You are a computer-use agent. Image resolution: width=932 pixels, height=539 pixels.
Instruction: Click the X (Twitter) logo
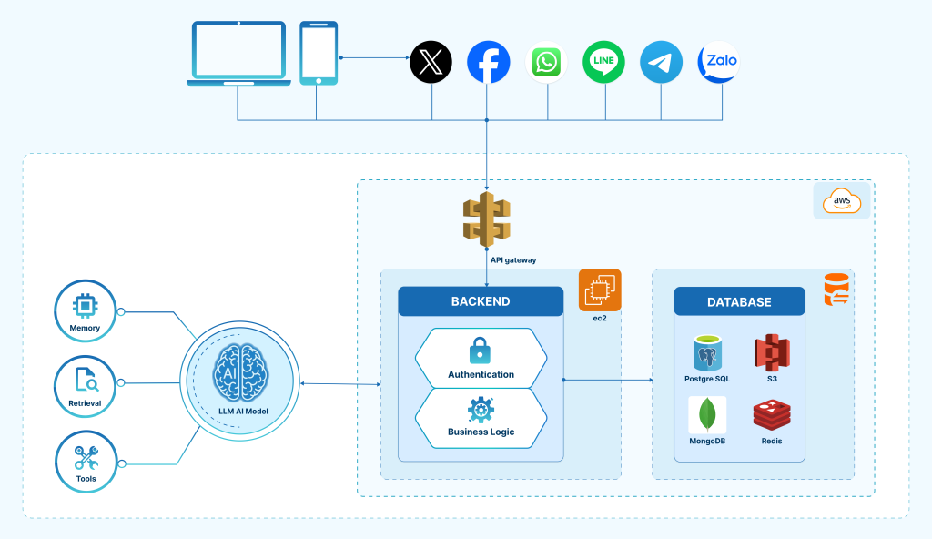431,63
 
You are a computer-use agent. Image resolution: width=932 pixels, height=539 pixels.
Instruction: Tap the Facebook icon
489,63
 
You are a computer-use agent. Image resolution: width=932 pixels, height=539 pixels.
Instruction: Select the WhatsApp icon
547,63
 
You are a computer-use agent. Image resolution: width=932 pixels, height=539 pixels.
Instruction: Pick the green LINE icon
605,63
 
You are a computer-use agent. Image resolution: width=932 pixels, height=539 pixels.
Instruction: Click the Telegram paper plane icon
662,63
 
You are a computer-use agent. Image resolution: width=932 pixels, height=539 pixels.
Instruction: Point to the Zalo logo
719,63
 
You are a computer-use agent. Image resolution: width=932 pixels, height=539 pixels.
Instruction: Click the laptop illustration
238,55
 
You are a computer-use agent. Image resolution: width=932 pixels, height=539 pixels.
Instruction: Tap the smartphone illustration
319,54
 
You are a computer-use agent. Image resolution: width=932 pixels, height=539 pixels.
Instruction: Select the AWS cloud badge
842,200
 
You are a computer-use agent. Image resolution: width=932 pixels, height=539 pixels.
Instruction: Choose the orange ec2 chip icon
600,290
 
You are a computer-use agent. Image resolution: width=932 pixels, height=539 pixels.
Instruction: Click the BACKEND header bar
481,301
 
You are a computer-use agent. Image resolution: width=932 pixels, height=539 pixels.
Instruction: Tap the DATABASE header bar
739,302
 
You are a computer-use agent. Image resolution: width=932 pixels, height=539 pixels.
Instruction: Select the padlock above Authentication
481,350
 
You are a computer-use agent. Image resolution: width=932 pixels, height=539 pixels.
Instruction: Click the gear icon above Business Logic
481,410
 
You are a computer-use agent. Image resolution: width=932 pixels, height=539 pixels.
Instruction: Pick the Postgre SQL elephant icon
708,353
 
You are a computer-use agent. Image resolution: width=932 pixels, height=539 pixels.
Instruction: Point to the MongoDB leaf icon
706,415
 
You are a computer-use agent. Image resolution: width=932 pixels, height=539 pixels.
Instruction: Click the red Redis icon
771,415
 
